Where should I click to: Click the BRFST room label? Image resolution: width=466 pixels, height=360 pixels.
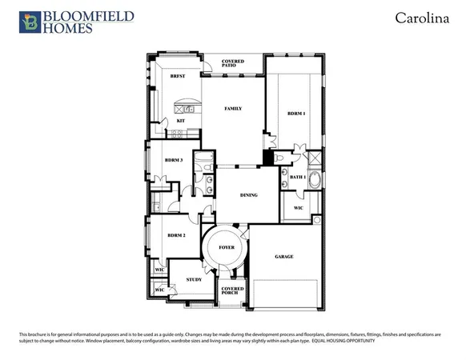click(x=177, y=75)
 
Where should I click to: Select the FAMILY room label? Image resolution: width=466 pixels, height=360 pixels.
click(x=233, y=109)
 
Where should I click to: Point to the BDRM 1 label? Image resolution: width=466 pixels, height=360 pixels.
click(x=295, y=114)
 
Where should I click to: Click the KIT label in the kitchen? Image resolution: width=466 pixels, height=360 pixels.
click(x=180, y=121)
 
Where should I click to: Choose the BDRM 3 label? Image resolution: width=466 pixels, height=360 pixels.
click(x=175, y=160)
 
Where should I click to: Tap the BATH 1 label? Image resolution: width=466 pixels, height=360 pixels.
click(x=297, y=177)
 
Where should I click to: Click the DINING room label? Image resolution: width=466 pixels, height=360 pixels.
click(x=249, y=194)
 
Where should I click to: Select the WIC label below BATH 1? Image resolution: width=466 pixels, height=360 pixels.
click(x=298, y=208)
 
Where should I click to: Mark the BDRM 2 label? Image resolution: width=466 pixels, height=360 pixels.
click(x=176, y=236)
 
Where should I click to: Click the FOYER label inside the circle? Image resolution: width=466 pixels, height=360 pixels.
click(x=227, y=249)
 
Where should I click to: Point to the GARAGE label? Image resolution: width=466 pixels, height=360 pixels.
click(x=284, y=257)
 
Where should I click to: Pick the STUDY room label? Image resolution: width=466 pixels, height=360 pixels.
click(x=194, y=279)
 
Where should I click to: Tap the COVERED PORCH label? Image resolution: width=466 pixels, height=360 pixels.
click(x=233, y=291)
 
